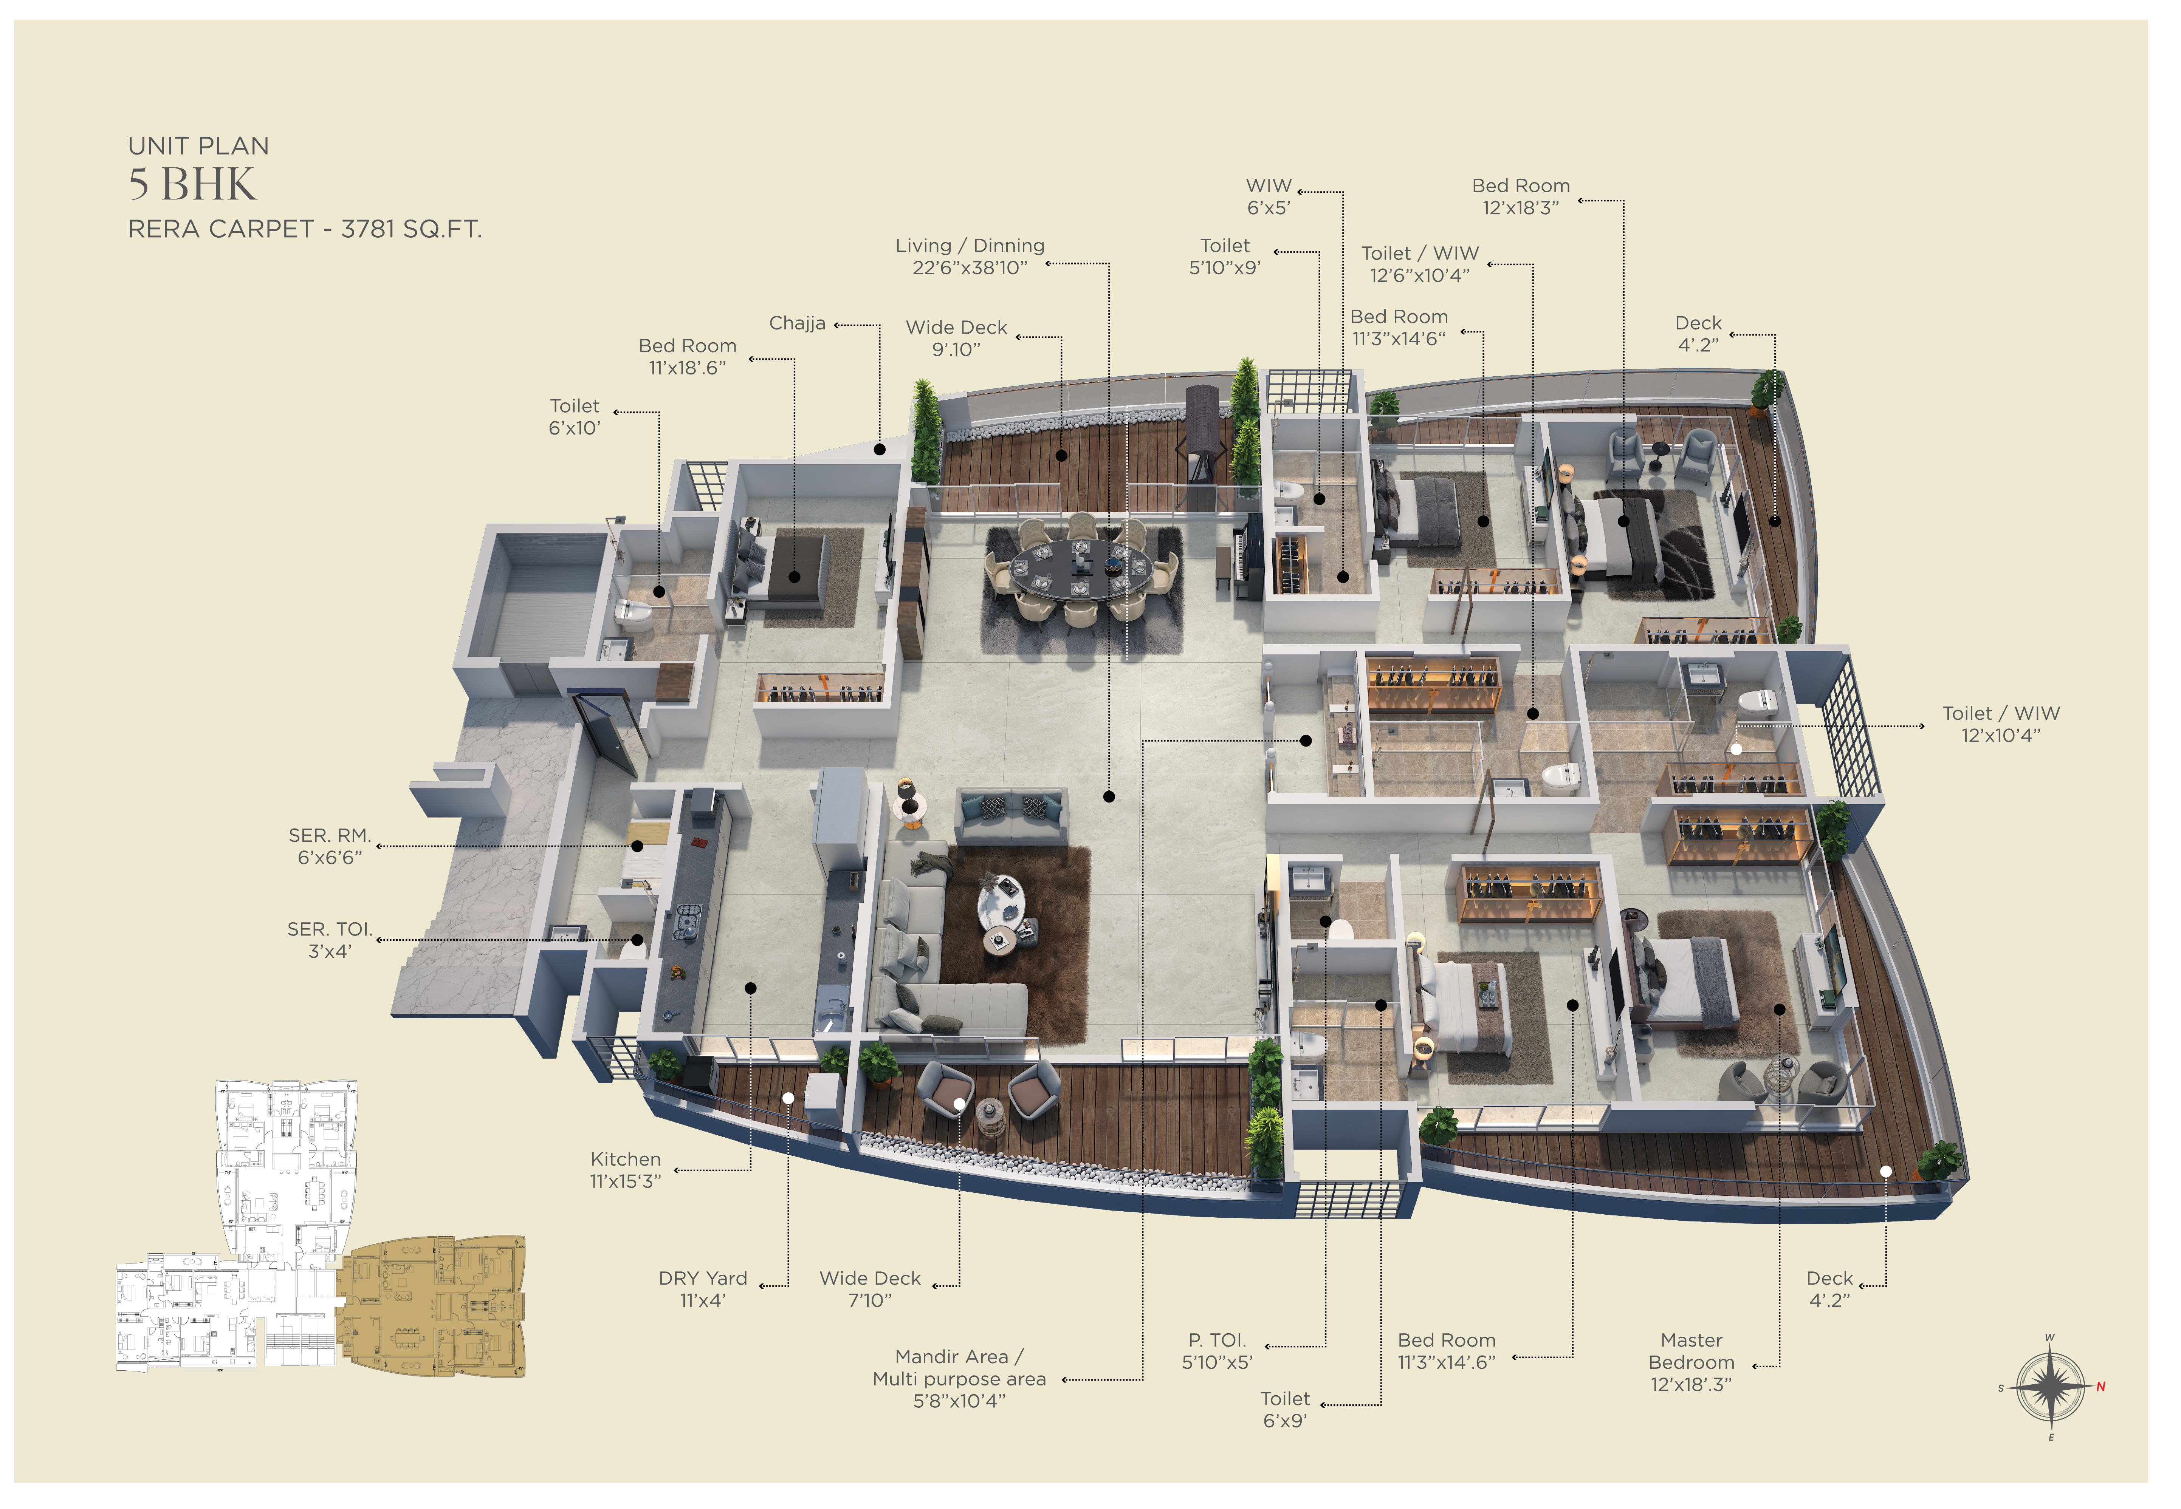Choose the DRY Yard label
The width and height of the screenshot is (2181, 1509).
703,1289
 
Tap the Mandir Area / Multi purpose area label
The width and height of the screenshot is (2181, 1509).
959,1379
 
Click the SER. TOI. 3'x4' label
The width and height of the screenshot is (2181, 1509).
330,940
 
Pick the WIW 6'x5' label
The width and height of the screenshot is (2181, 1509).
1268,197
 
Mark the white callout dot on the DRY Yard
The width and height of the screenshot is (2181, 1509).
788,1098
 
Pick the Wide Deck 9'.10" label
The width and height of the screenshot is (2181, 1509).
956,337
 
